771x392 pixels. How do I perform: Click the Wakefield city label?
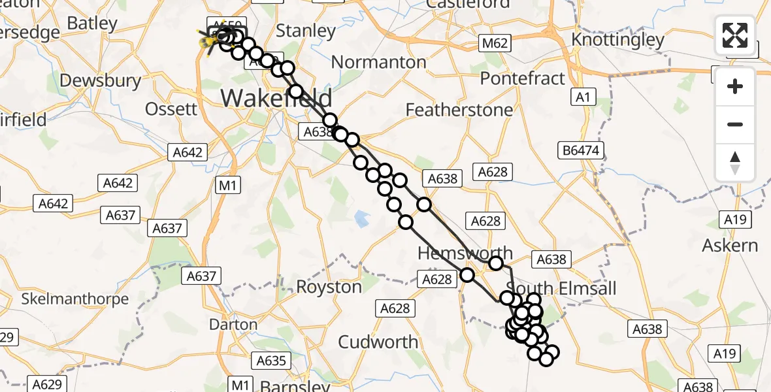[x=276, y=98]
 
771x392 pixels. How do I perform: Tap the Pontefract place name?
[x=522, y=78]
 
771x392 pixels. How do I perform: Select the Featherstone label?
[x=459, y=110]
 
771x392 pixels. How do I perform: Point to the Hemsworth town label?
[x=465, y=253]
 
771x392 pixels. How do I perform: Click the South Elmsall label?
[x=561, y=289]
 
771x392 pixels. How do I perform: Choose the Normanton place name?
[x=379, y=63]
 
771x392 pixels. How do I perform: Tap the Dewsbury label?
[x=100, y=80]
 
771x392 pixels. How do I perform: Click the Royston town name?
[x=329, y=287]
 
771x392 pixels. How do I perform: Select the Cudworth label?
[x=379, y=342]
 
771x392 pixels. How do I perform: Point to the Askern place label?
[x=730, y=246]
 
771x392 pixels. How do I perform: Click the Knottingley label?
[x=617, y=40]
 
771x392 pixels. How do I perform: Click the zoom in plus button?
[x=735, y=86]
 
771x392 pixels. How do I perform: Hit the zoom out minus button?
[x=735, y=124]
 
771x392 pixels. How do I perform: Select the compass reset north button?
[x=735, y=163]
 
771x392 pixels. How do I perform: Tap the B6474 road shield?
[x=581, y=151]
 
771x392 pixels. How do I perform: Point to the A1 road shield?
[x=583, y=97]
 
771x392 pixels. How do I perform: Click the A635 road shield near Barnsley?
[x=271, y=361]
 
